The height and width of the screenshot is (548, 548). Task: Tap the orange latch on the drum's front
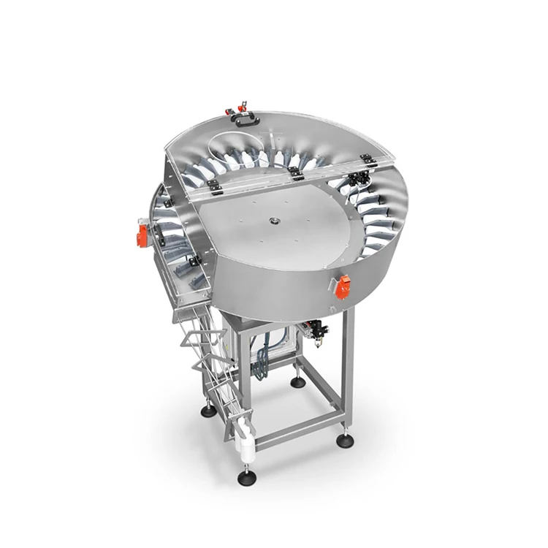pos(343,287)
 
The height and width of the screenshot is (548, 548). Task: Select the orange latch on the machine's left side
pos(142,235)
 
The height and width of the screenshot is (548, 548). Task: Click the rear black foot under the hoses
pos(297,381)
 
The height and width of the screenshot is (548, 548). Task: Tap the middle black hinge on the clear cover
pos(295,174)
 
